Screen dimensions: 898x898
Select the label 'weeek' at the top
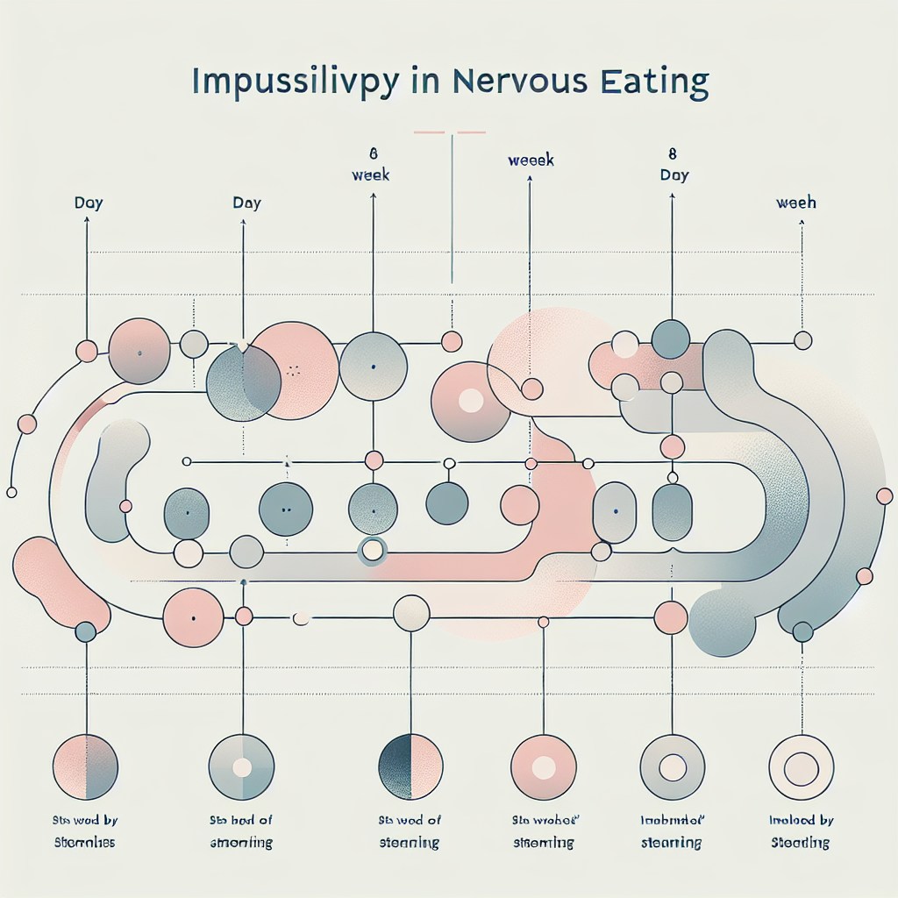tap(531, 160)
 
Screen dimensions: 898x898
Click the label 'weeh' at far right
tap(796, 203)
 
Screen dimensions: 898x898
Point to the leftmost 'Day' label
tap(88, 203)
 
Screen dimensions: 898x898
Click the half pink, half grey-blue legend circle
tap(85, 766)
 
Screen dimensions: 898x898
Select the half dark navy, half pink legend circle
tap(410, 766)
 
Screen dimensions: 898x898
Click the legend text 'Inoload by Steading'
tap(801, 831)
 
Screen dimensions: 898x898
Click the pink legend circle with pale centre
tap(543, 767)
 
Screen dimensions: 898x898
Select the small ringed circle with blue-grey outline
tap(372, 551)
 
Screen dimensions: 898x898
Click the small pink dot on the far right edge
tap(884, 497)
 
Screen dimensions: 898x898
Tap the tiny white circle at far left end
tap(11, 492)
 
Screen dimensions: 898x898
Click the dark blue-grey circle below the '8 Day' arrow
tap(671, 339)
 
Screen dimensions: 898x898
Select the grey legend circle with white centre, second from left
tap(241, 767)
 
